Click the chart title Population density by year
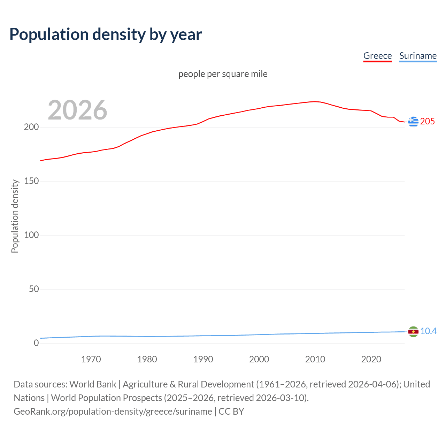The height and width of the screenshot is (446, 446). coord(106,34)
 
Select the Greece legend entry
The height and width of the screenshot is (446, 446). coord(377,56)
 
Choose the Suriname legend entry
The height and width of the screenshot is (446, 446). coord(418,56)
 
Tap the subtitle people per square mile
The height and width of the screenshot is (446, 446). coord(223,74)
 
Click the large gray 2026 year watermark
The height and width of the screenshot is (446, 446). coord(77,110)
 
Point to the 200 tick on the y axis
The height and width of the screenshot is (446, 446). coord(31,127)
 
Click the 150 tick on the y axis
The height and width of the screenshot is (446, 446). coord(31,181)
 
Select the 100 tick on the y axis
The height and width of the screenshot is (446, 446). coord(31,235)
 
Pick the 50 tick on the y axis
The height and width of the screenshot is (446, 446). coord(34,289)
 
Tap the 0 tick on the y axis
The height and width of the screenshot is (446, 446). coord(36,343)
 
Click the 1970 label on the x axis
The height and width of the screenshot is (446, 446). coord(91,359)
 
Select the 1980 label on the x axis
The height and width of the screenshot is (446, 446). coord(147,359)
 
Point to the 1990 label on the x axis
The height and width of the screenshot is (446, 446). coord(203,359)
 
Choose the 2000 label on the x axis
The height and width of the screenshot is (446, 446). coord(259,359)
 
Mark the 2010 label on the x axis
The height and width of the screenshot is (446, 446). coord(315,359)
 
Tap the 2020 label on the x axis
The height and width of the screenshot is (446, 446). coord(371,359)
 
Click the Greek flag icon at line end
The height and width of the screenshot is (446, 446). coord(413,122)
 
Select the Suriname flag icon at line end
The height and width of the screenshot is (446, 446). coord(413,331)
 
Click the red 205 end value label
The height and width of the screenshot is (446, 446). coord(428,122)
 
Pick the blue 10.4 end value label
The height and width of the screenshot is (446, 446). coord(428,331)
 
